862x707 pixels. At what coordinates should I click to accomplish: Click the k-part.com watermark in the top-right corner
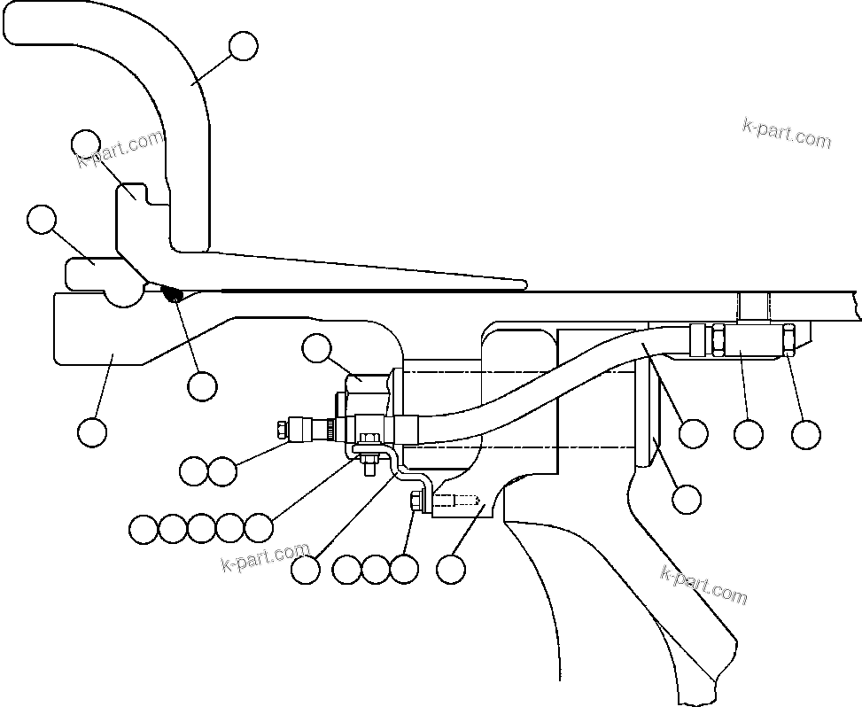pos(787,134)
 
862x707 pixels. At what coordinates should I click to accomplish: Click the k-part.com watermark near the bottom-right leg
pos(704,585)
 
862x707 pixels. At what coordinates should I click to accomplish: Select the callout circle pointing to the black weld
pos(202,385)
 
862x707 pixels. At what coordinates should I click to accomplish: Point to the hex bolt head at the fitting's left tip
pos(282,429)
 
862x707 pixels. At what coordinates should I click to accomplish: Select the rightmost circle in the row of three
pos(404,569)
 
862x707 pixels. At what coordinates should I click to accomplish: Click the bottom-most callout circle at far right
pos(687,499)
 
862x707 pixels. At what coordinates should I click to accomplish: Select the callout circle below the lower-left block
pos(92,432)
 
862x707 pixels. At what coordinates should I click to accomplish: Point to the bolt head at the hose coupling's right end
pos(788,339)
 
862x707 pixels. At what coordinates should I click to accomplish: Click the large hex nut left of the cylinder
pos(367,390)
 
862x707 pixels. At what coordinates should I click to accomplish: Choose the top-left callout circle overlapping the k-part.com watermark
pos(86,144)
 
